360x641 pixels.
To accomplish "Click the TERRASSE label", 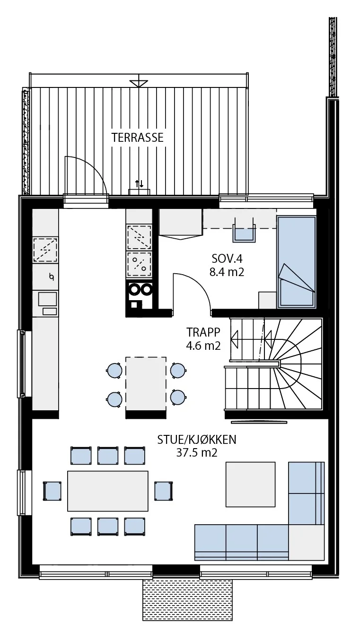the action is coord(138,138).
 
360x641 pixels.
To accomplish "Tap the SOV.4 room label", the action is coord(227,259).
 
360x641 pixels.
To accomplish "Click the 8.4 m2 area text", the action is coord(227,272).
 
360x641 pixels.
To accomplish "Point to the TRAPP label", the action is coord(203,332).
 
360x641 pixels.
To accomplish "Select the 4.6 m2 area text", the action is coord(203,346).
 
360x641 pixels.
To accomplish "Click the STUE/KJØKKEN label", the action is coord(197,440).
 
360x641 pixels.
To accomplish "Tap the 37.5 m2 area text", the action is coord(197,453).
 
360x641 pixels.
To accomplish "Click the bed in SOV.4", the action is coord(297,262).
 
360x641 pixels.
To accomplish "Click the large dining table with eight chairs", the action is coord(108,491).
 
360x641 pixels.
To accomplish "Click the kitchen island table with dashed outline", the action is coord(146,383).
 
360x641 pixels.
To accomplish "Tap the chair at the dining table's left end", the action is coord(52,491).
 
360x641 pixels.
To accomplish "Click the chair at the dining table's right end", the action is coord(164,491).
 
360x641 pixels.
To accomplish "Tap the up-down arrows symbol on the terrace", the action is coord(140,184).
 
